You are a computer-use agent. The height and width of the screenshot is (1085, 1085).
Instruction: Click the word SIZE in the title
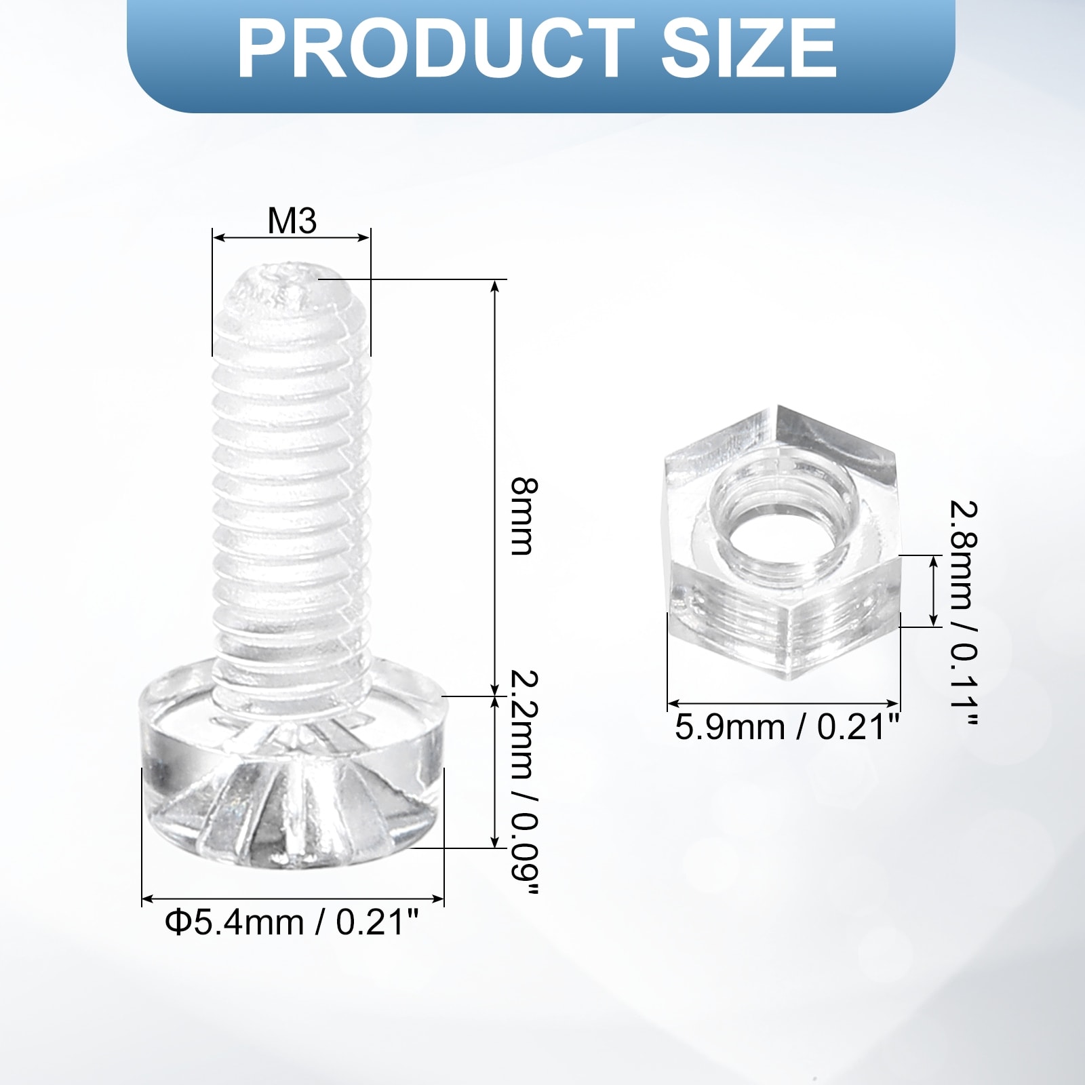point(749,50)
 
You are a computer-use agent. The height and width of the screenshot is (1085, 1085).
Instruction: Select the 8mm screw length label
point(524,517)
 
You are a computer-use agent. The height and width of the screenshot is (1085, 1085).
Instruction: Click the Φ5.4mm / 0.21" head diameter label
point(292,922)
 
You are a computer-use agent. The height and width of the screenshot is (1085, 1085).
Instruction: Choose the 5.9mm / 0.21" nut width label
point(787,728)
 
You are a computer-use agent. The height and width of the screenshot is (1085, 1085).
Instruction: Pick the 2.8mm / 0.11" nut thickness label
point(963,614)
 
